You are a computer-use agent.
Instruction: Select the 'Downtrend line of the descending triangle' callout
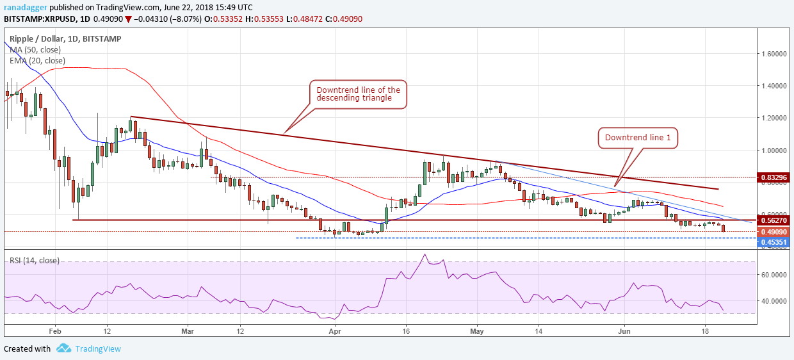(359, 94)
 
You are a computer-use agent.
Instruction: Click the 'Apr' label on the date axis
(334, 331)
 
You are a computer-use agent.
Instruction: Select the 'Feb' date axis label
(54, 331)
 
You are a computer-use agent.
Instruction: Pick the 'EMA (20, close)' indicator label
(37, 60)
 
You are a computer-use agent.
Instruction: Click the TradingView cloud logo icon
(63, 348)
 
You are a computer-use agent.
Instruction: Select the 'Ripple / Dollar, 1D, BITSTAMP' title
(65, 38)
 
